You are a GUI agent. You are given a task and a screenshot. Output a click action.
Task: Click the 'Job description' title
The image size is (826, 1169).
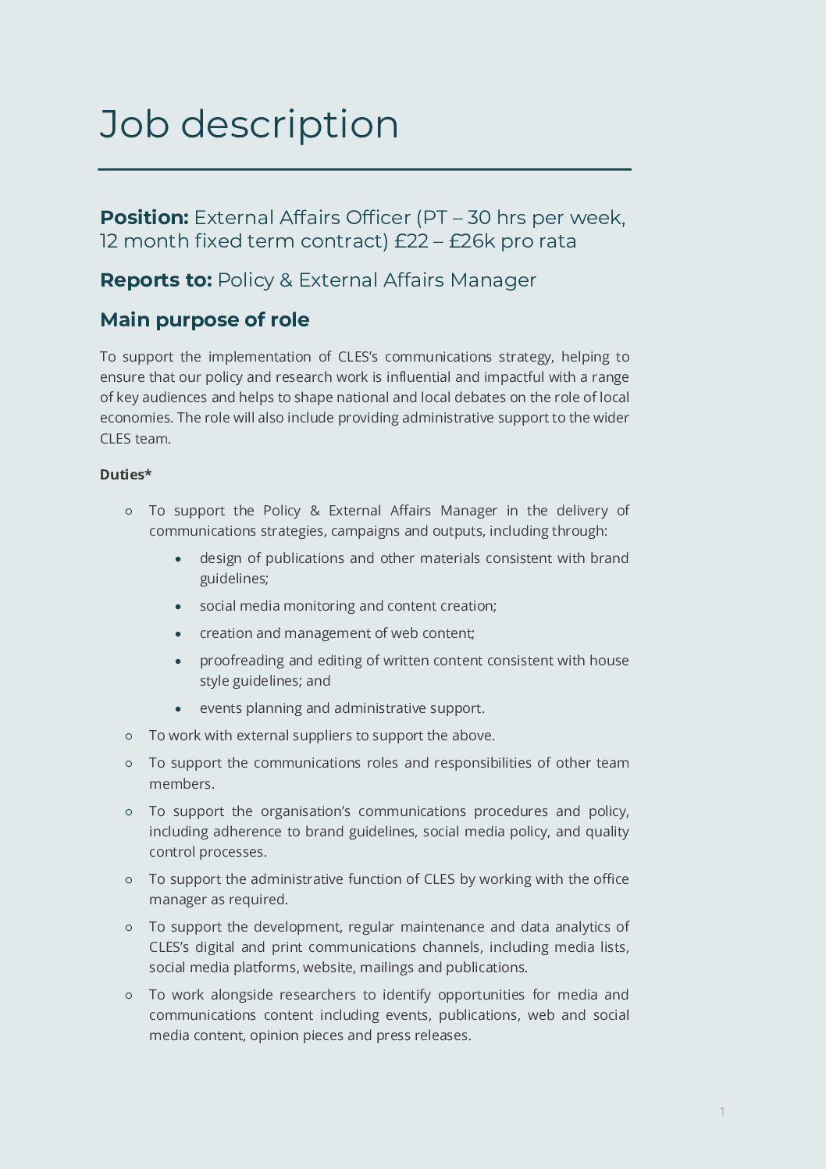coord(249,125)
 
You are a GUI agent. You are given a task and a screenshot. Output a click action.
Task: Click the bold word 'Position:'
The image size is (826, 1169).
coord(144,218)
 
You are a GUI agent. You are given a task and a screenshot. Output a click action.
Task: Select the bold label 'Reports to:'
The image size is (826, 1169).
coord(155,280)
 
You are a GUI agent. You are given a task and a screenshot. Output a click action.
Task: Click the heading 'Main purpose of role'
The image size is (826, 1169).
coord(205,320)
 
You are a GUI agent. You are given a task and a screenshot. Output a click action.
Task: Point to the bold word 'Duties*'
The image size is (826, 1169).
coord(126,475)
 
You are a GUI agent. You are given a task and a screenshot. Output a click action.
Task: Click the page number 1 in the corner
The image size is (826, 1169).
coord(722,1111)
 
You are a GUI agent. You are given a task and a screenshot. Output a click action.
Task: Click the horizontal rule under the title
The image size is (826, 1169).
coord(364,169)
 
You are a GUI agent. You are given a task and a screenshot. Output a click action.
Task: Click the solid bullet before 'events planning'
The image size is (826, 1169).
coord(179,709)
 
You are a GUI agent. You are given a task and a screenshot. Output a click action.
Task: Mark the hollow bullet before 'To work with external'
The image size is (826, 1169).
coord(129,736)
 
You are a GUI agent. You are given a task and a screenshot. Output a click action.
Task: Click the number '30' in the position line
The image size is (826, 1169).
coord(479,218)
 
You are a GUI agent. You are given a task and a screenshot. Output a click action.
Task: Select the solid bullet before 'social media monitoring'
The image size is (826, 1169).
coord(179,607)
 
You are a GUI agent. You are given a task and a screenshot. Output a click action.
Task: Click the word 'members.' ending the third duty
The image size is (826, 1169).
coord(181,784)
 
